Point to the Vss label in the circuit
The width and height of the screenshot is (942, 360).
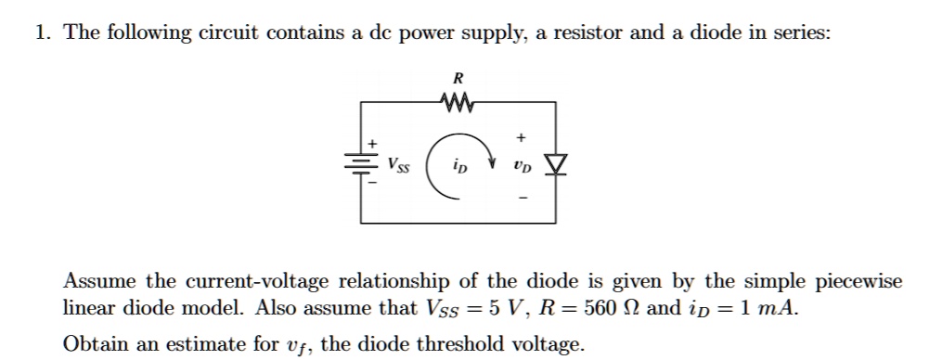coord(398,166)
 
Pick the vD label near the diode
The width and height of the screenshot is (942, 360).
coord(523,167)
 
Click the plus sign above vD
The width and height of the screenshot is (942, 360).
coord(523,137)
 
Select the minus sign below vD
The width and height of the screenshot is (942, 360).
coord(523,198)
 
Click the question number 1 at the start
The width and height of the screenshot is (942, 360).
coord(41,34)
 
